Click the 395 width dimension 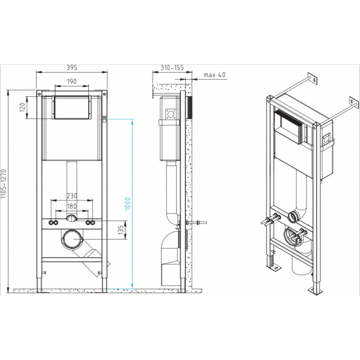[x=71, y=67]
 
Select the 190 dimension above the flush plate [x=72, y=82]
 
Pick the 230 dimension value [x=72, y=194]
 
